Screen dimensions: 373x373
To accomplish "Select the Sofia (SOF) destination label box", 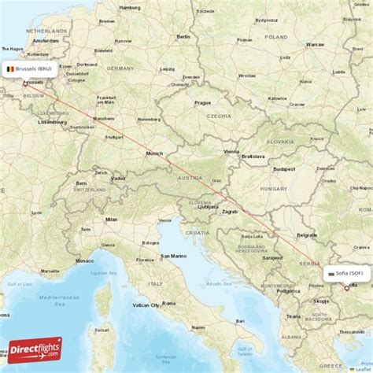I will [345, 274].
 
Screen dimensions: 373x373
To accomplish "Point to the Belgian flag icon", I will [10, 68].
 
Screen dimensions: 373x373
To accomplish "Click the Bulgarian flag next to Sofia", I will [331, 274].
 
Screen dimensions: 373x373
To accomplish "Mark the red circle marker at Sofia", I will [346, 288].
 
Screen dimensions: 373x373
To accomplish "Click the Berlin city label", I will [183, 36].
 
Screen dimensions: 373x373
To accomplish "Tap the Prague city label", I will [203, 102].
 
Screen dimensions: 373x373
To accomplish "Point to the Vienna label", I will [231, 151].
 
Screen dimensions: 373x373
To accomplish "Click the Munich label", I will [154, 153].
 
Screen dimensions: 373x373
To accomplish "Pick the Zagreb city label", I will [230, 212].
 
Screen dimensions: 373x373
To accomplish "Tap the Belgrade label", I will [307, 235].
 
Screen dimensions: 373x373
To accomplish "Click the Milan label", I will [111, 220].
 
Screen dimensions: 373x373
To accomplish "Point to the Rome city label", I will [168, 303].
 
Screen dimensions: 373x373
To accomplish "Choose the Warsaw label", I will [315, 45].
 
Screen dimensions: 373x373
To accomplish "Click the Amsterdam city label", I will [46, 39].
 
